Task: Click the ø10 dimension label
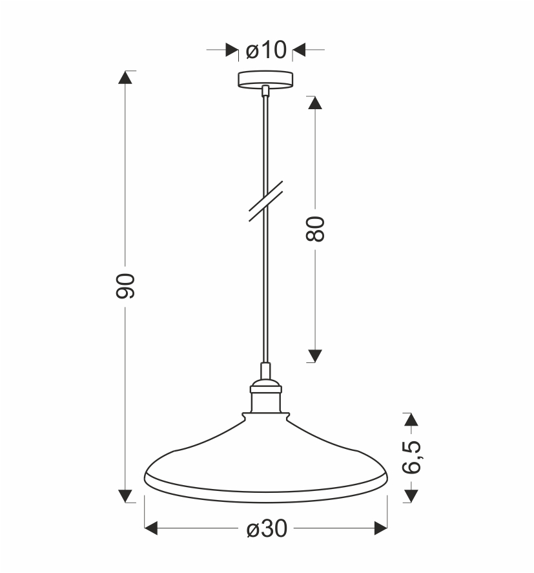click(266, 50)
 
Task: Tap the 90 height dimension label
click(125, 286)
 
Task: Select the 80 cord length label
click(315, 229)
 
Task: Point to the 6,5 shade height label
click(412, 457)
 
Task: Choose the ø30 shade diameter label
click(267, 528)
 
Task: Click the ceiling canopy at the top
click(265, 79)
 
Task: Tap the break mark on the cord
click(266, 202)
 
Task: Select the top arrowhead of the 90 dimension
click(125, 78)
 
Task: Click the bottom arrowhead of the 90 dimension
click(125, 496)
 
